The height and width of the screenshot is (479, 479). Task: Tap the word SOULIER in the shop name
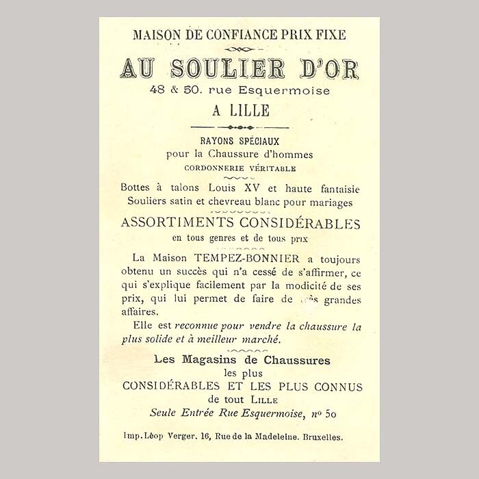pyautogui.click(x=227, y=68)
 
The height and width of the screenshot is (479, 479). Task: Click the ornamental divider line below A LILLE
pyautogui.click(x=239, y=127)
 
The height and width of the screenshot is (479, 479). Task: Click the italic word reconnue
pyautogui.click(x=203, y=326)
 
